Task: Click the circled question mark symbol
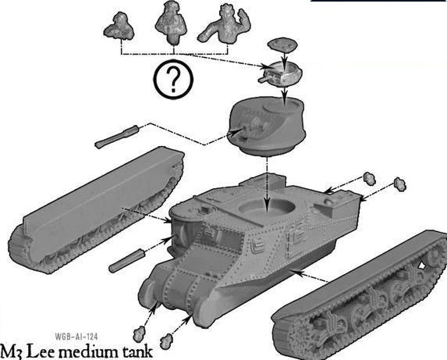[173, 79]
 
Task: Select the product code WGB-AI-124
[76, 337]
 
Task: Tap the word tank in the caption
[138, 352]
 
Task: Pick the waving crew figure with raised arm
[225, 24]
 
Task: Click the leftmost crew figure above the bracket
[119, 26]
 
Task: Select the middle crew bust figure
[171, 22]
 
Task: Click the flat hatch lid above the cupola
[282, 45]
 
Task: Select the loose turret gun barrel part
[117, 137]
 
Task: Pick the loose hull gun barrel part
[127, 261]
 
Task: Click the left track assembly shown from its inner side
[95, 209]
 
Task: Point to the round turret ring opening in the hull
[267, 207]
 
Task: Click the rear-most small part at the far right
[400, 184]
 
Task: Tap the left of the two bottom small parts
[139, 334]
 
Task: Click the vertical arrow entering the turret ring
[267, 185]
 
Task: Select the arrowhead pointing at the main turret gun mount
[237, 131]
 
